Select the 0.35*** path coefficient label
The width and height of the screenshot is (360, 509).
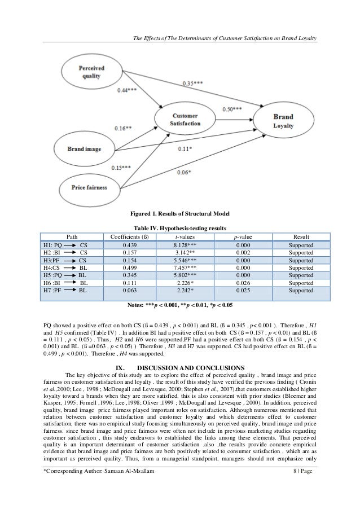pyautogui.click(x=195, y=84)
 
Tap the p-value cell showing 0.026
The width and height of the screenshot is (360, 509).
pyautogui.click(x=244, y=282)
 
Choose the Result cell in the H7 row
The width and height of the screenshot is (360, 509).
pyautogui.click(x=300, y=290)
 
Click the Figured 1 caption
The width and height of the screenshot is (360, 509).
pyautogui.click(x=179, y=215)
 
